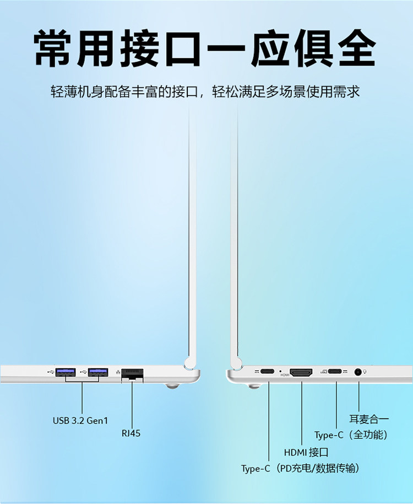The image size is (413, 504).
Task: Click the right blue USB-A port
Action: pos(98,372)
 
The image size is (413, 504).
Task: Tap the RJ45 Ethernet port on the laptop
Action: pos(132,373)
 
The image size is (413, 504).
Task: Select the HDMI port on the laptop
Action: pos(301,373)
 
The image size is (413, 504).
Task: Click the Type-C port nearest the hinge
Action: pos(269,372)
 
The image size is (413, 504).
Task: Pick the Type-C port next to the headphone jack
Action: pos(335,372)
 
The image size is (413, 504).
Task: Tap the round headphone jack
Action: pos(359,372)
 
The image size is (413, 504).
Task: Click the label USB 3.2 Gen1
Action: pos(80,421)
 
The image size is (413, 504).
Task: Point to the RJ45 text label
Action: pos(131,433)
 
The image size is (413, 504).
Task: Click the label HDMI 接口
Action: pos(306,453)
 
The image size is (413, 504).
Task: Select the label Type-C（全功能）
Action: pos(351,435)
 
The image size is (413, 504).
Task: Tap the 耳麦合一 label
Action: pos(369,419)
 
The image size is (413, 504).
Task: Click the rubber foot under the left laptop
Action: pos(172,387)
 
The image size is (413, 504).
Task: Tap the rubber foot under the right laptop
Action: pos(254,387)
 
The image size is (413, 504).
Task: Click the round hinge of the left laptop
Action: pos(191,362)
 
